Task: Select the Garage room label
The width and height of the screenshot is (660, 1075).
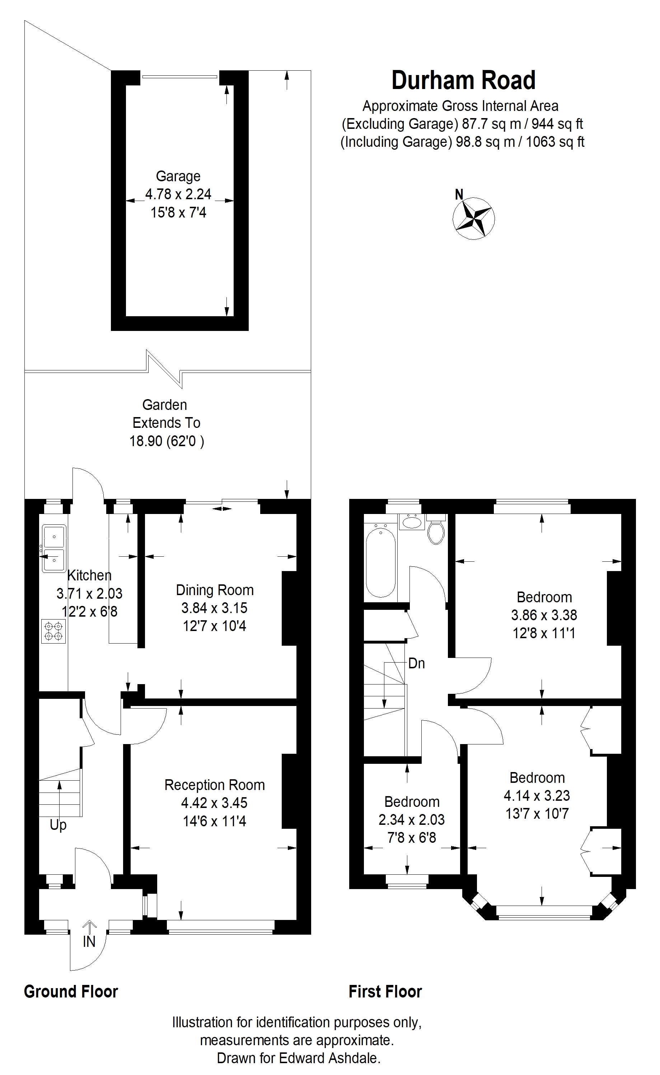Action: coord(178,176)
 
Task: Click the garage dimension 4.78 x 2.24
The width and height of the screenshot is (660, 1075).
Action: coord(178,194)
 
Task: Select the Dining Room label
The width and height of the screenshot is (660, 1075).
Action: coord(214,590)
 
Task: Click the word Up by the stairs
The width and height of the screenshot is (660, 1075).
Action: coord(58,825)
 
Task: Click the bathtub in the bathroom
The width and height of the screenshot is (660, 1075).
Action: coord(381,562)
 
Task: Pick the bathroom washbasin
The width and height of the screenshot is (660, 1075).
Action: coord(411,522)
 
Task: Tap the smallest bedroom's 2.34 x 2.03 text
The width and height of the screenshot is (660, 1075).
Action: coord(411,820)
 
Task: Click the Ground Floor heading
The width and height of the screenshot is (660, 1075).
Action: coord(71,1000)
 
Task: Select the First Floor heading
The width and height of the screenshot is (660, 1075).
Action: coord(385,1000)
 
